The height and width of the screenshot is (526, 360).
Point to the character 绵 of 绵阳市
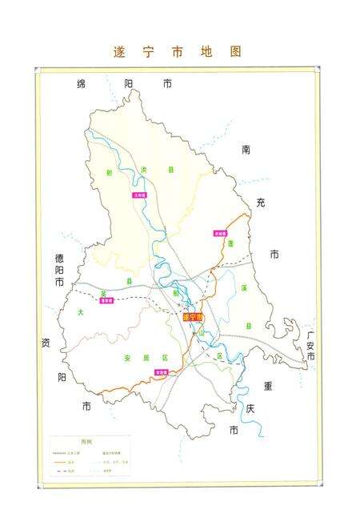[82, 83]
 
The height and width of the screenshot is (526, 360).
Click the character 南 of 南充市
[246, 150]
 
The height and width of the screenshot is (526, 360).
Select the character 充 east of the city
[261, 203]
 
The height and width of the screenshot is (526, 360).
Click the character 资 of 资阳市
[46, 343]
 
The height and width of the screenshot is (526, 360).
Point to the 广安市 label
[310, 345]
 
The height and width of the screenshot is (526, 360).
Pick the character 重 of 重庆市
[268, 385]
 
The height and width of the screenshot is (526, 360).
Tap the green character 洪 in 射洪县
[145, 170]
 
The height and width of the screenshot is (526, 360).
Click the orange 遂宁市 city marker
[193, 317]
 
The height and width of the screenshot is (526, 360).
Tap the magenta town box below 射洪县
[140, 195]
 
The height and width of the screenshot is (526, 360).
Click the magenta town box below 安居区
[161, 371]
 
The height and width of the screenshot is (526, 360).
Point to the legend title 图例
[86, 441]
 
